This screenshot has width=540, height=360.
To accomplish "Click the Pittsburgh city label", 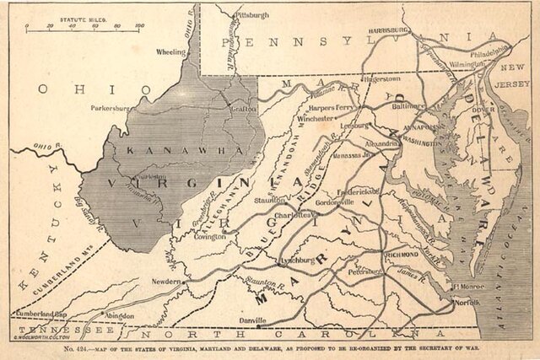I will pos(252,15).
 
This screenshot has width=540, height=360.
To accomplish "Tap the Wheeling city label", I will pos(170,52).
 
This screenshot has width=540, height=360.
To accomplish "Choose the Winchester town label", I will pos(316,119).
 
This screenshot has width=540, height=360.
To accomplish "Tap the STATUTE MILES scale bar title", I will pos(84,16).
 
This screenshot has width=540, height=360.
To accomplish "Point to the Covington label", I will pos(210,237).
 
